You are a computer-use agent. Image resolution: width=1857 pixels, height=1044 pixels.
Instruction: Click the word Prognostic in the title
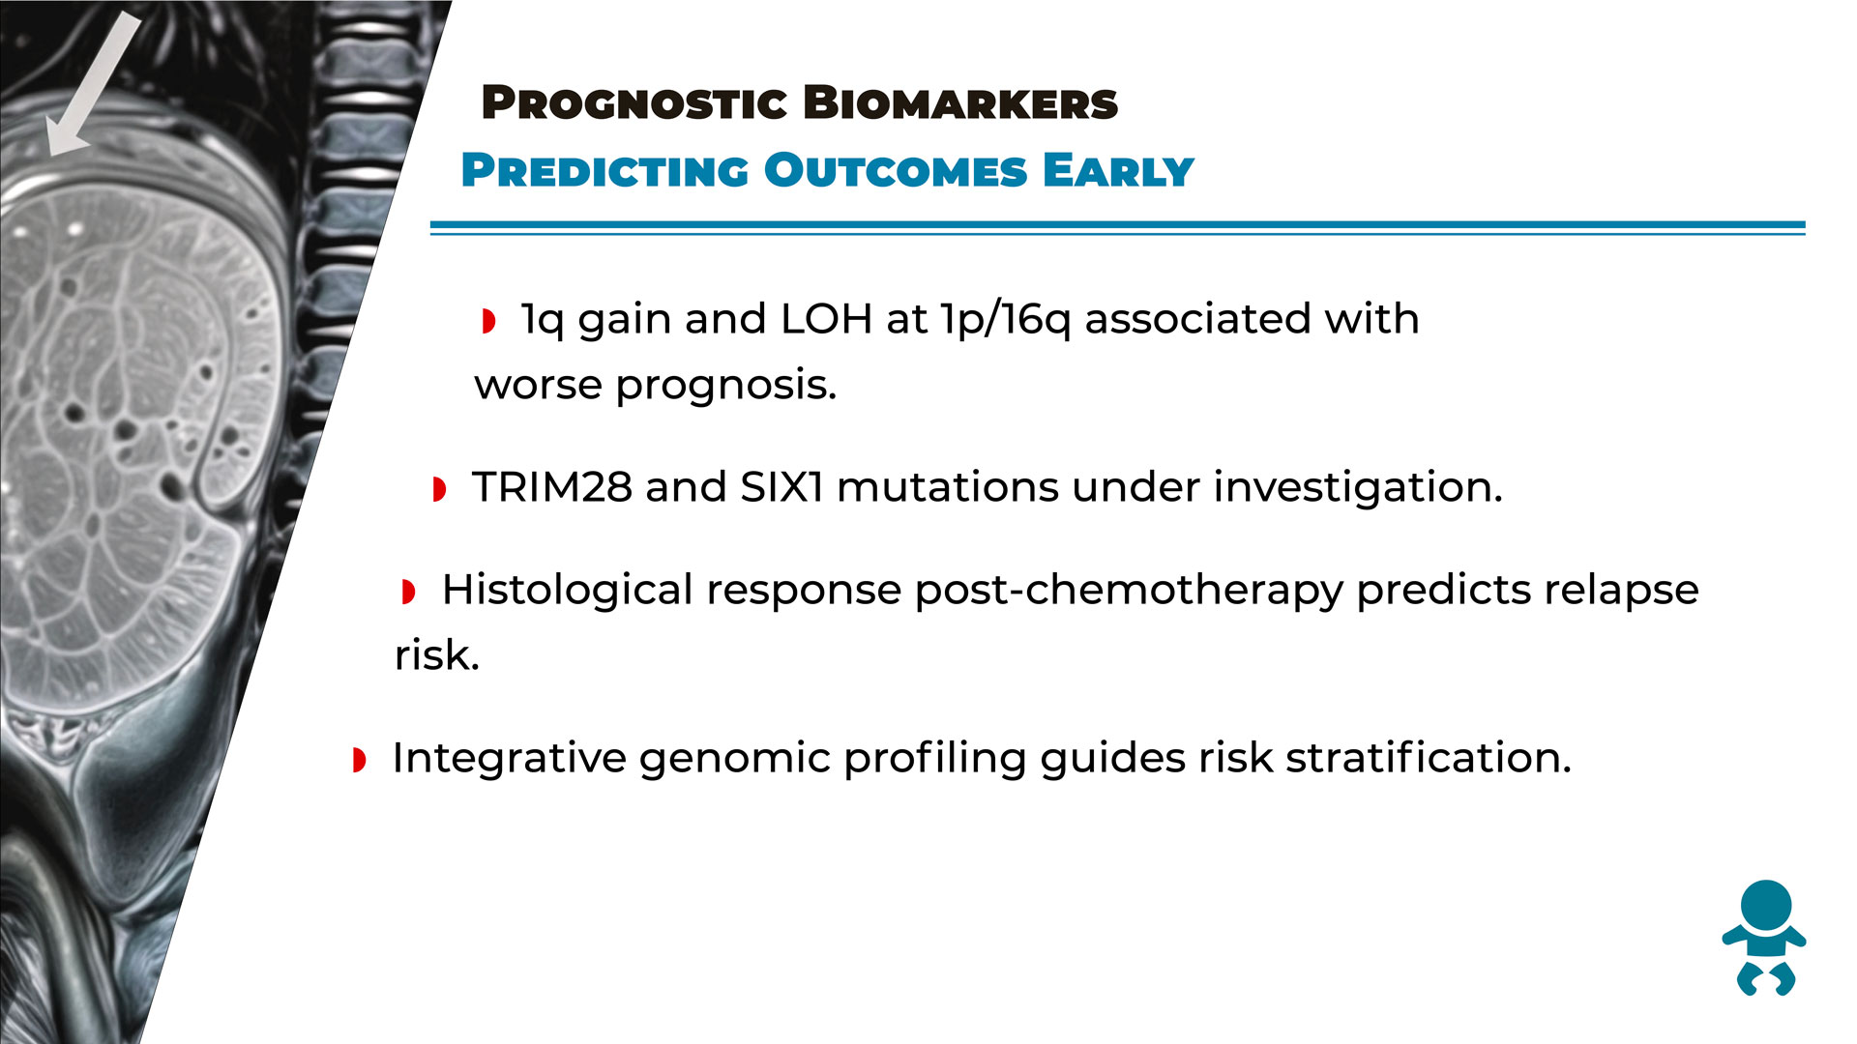click(x=634, y=103)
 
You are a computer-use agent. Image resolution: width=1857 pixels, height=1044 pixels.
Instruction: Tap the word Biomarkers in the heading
click(x=960, y=103)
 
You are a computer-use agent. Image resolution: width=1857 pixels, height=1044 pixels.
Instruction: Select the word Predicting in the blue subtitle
click(x=604, y=171)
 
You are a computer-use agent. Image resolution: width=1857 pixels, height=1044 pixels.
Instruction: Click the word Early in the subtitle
click(x=1118, y=171)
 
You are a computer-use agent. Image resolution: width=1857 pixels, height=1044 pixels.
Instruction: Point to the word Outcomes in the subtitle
click(x=896, y=171)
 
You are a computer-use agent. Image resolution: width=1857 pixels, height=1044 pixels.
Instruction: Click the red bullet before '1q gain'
click(x=489, y=321)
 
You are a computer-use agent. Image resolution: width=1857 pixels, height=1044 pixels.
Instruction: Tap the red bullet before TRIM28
click(x=440, y=489)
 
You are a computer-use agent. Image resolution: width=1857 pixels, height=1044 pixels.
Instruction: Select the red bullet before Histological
click(x=409, y=592)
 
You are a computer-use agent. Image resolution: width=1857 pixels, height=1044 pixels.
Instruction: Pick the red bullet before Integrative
click(x=360, y=760)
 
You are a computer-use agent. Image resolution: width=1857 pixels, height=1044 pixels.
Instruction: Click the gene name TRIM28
click(x=551, y=487)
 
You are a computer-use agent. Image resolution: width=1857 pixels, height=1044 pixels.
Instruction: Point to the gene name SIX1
click(x=781, y=487)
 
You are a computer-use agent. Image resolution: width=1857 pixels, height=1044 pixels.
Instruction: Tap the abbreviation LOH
click(x=826, y=319)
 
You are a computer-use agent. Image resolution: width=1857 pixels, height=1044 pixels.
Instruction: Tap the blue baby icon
click(x=1764, y=938)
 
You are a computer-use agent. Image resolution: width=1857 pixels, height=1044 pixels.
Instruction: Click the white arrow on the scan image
click(x=94, y=84)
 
